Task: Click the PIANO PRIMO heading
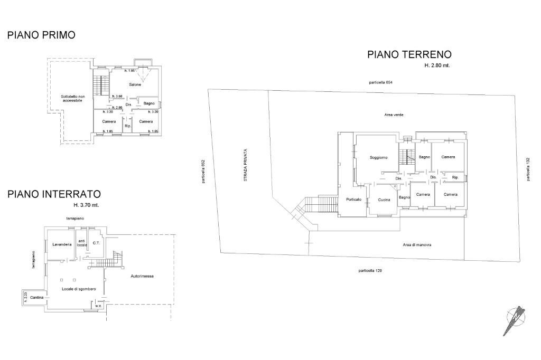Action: click(41, 35)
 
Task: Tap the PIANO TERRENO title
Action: click(409, 54)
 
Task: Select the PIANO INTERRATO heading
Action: click(54, 194)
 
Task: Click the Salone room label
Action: click(135, 84)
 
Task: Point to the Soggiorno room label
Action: click(378, 158)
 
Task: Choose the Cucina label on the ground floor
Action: click(384, 200)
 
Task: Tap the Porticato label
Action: click(353, 200)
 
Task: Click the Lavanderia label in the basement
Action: click(62, 244)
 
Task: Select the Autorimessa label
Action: click(142, 276)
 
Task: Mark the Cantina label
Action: click(37, 297)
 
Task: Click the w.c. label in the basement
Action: click(98, 306)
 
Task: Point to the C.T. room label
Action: click(96, 243)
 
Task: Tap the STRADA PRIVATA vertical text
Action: click(245, 165)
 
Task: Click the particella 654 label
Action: click(380, 82)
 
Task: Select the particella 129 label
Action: click(370, 271)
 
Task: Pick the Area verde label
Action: click(394, 115)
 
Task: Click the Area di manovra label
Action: click(417, 245)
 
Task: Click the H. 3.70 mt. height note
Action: click(86, 205)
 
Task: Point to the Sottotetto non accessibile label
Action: click(72, 99)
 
